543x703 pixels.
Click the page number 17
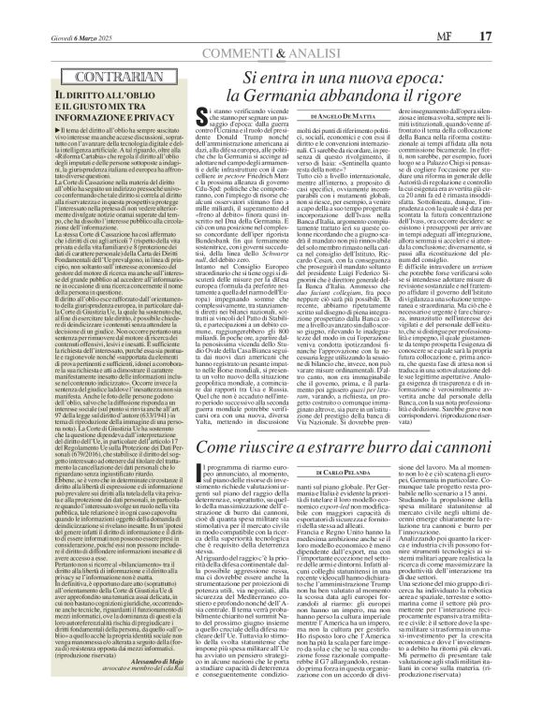pyautogui.click(x=512, y=11)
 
